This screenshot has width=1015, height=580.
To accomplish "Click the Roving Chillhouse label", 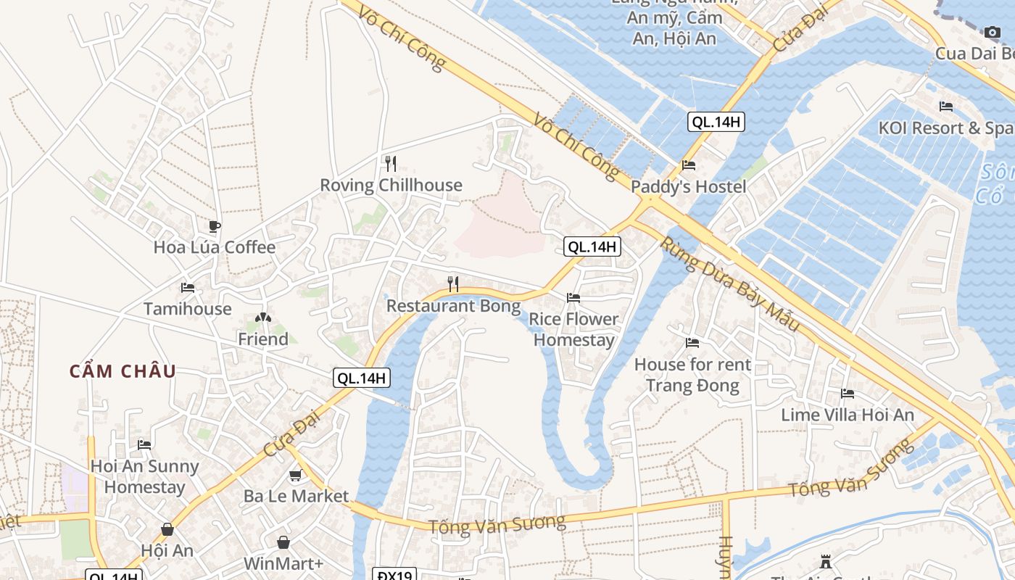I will click(x=391, y=185).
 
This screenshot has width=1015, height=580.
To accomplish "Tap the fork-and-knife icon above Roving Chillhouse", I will click(x=391, y=163).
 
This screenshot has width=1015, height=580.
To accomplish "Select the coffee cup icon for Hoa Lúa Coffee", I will click(x=214, y=226).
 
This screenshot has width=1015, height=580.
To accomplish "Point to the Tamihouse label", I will click(x=187, y=309).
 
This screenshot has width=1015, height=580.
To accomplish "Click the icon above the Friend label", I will click(x=263, y=318).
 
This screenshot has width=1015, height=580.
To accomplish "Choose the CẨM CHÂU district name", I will click(x=123, y=371).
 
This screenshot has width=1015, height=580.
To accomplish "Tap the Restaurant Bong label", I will click(x=453, y=306).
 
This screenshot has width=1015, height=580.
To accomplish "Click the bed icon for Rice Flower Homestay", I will click(x=573, y=298).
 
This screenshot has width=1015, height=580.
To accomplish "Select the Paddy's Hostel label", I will click(x=688, y=186).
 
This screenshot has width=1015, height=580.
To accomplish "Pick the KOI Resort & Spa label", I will click(x=945, y=128).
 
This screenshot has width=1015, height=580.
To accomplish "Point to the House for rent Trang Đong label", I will click(x=692, y=375).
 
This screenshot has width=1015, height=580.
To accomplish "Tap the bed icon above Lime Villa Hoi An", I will click(x=848, y=394).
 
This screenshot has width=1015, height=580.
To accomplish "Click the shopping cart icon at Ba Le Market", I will click(x=295, y=476).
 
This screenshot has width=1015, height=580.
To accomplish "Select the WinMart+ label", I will click(x=283, y=563).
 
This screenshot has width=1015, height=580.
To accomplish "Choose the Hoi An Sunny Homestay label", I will click(x=144, y=476).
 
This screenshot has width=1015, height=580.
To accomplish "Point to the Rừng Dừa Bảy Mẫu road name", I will click(x=729, y=283).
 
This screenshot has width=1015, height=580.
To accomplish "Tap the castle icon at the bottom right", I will click(x=825, y=561).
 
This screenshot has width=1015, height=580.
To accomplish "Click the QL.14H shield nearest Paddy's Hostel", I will click(x=716, y=123).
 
